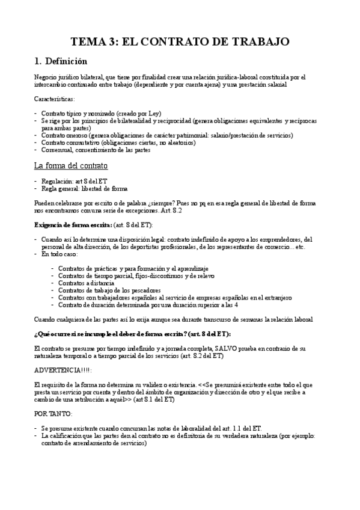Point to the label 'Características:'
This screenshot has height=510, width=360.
pyautogui.click(x=55, y=98)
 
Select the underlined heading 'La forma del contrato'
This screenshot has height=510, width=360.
pyautogui.click(x=71, y=165)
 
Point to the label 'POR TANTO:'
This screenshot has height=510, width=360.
pyautogui.click(x=52, y=414)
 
